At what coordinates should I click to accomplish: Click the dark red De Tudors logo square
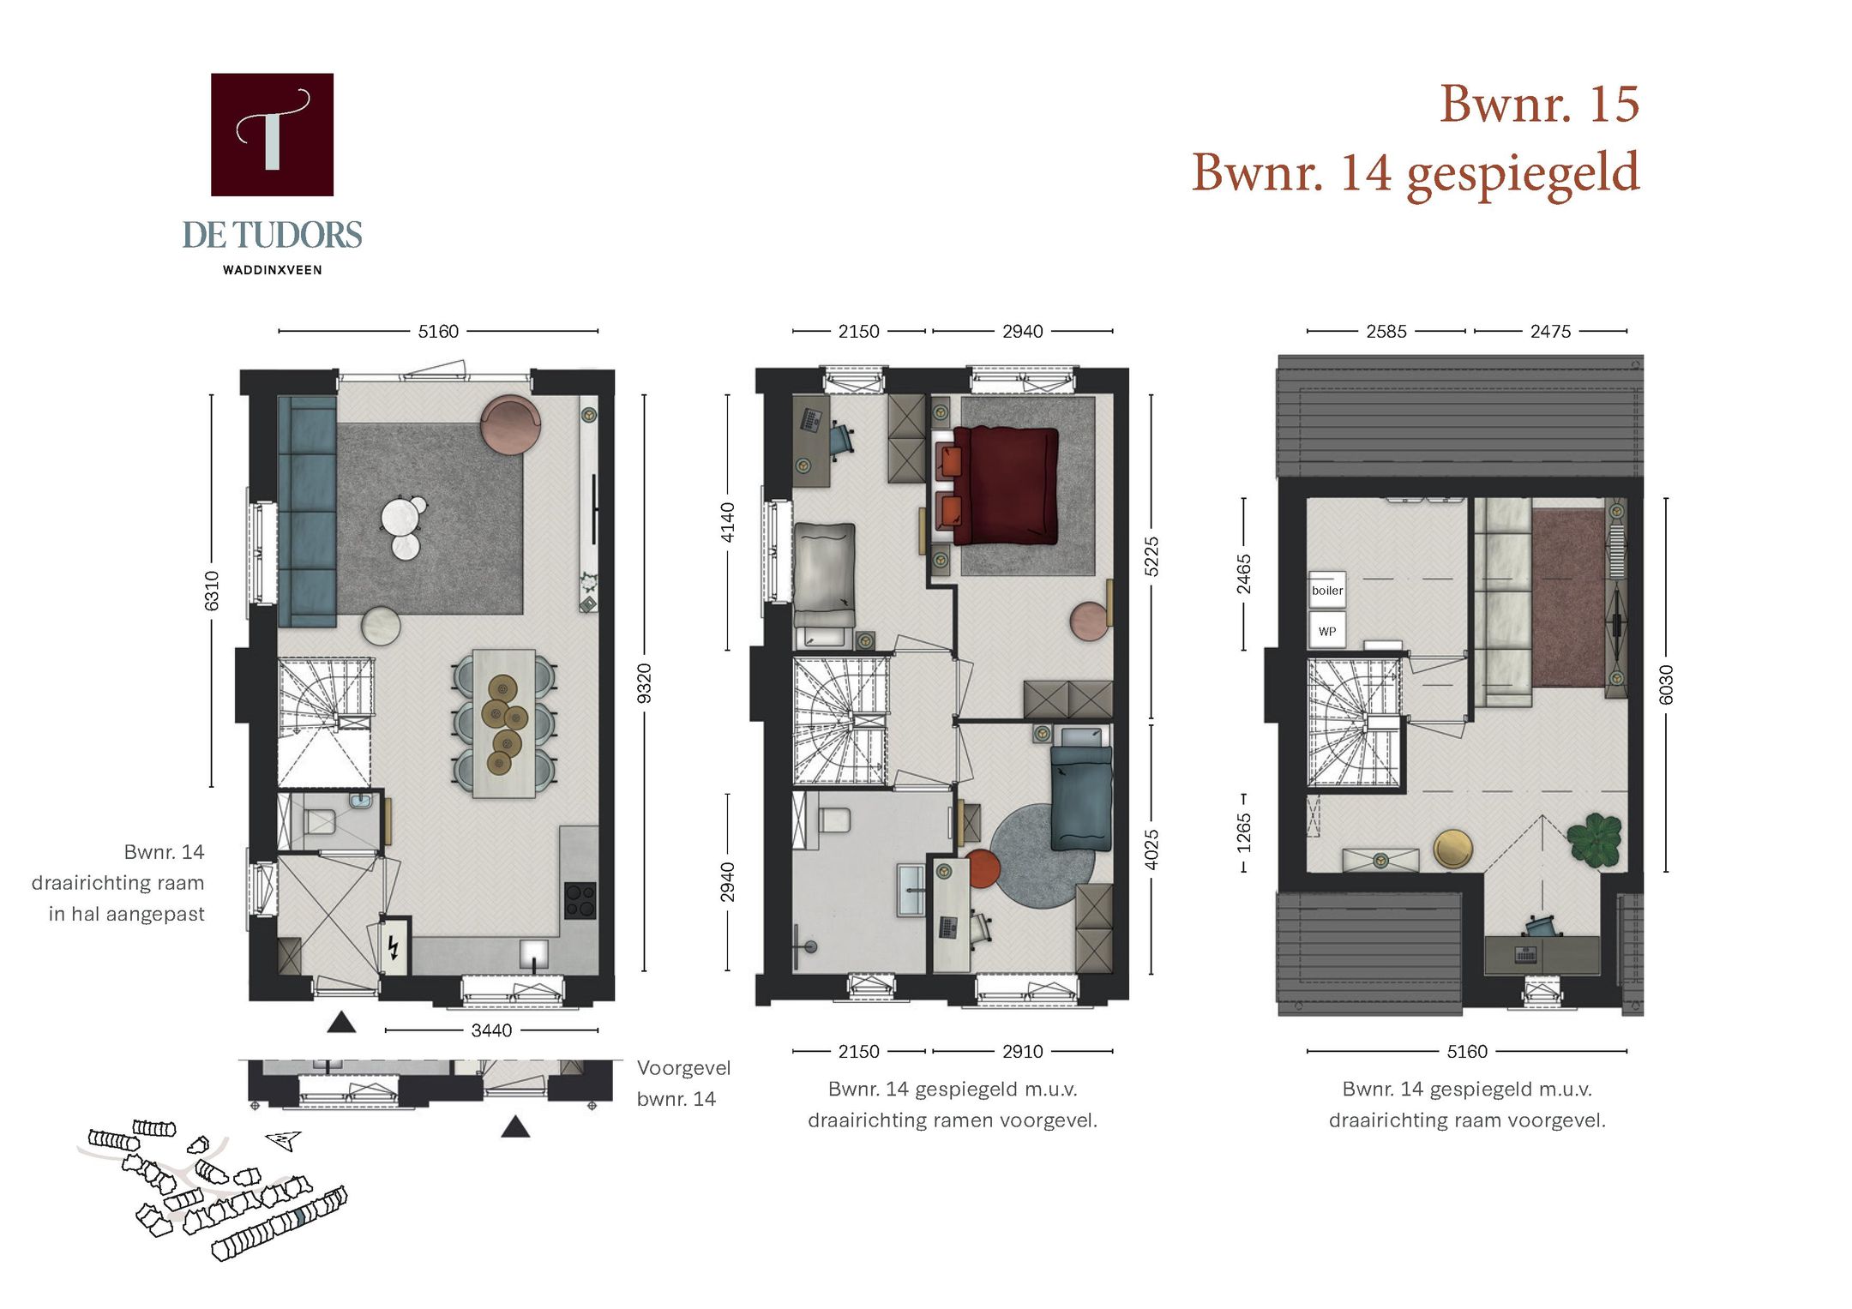coord(272,135)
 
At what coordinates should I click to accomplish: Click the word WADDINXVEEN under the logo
coord(272,270)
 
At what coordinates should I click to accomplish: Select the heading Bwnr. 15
coord(1538,104)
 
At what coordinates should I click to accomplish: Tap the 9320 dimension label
coord(645,683)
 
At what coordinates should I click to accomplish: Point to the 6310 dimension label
coord(212,591)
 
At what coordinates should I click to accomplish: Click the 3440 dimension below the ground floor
coord(491,1030)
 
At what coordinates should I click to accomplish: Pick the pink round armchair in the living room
coord(510,423)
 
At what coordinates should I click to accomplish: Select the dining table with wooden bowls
coord(503,723)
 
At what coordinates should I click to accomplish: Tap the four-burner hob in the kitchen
coord(580,900)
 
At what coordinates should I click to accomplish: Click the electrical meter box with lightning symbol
coord(394,946)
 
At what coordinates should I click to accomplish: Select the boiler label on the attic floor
coord(1326,590)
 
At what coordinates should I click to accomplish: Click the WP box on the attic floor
coord(1326,631)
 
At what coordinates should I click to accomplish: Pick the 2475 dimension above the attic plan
coord(1550,331)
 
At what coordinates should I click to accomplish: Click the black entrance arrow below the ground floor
coord(341,1022)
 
